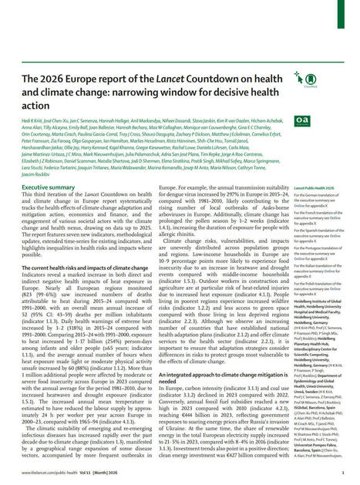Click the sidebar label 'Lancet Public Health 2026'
[x=312, y=187]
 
